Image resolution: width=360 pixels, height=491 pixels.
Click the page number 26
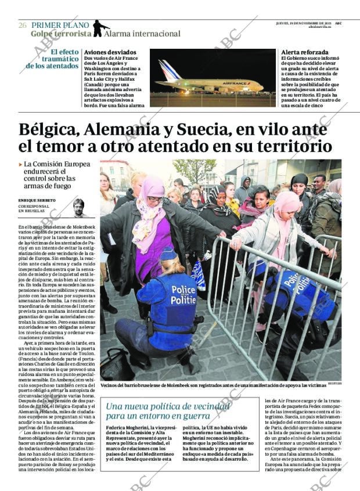(x=23, y=25)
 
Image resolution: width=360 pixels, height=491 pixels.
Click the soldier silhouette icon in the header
(x=100, y=28)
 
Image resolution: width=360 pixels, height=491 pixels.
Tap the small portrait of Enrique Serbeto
(x=78, y=207)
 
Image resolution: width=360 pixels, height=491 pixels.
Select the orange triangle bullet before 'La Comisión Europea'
(x=21, y=165)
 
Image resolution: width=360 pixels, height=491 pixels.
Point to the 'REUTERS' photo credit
(x=334, y=384)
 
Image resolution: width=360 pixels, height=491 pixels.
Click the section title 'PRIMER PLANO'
(x=60, y=25)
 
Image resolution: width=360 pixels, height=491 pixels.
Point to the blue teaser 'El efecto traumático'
(x=52, y=58)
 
